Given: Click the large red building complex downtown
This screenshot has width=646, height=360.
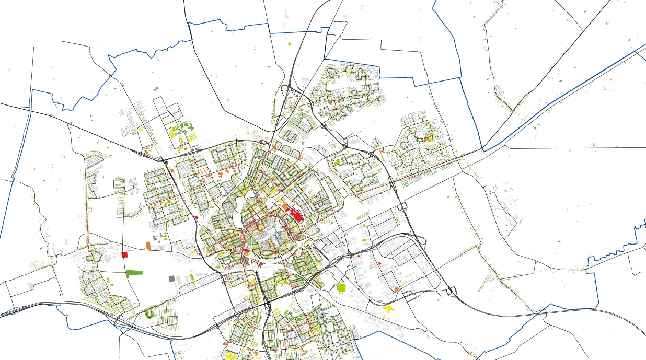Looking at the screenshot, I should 295,215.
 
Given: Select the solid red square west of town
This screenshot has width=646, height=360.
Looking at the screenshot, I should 124,254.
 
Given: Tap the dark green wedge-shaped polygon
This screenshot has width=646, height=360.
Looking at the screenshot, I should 134,272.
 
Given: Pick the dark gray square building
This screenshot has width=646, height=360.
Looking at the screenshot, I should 171,279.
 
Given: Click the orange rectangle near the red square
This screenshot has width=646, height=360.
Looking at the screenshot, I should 148,245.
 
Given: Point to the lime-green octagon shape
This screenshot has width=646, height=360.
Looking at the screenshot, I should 342,287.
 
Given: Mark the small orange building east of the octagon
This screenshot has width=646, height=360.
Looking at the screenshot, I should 397,289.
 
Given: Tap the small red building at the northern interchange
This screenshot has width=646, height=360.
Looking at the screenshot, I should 261,141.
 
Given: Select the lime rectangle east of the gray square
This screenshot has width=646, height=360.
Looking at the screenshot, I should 191,276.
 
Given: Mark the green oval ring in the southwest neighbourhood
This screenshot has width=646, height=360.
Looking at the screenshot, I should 151,313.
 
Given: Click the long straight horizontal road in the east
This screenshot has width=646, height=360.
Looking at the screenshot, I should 575,148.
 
